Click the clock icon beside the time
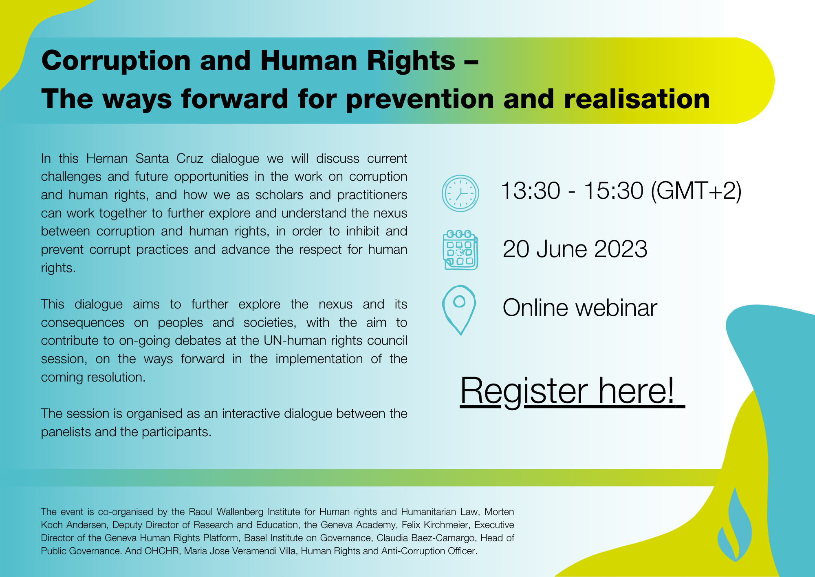click(x=460, y=193)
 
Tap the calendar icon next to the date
click(x=460, y=250)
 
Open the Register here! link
click(x=572, y=391)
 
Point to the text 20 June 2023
click(x=575, y=249)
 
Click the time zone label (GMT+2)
click(x=696, y=191)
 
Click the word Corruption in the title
click(x=116, y=61)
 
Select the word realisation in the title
click(x=637, y=99)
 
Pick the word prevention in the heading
click(x=420, y=100)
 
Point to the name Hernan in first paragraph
click(x=107, y=158)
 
